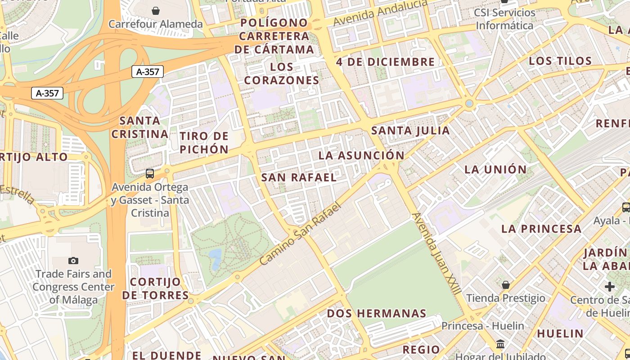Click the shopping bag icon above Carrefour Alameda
pos(156,10)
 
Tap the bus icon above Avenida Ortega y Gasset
pos(150,173)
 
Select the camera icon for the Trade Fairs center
pos(73,261)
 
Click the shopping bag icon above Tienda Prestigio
pos(506,285)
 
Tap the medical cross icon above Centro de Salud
pos(610,287)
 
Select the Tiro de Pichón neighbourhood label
pos(204,143)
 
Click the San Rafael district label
pos(299,178)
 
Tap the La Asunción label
pos(362,156)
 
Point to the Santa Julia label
pos(410,131)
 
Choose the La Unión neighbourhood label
pos(495,170)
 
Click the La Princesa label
pos(541,229)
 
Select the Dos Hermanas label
pos(377,314)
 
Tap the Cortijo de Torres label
pos(156,288)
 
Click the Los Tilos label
pos(560,61)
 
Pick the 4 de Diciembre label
pos(386,62)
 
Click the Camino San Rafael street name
pos(301,234)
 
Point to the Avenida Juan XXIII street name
pos(436,254)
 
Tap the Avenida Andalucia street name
pos(380,13)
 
